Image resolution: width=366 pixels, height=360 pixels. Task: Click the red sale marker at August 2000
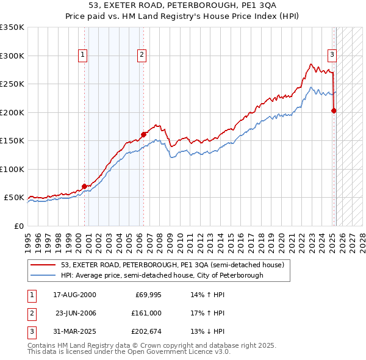[x=84, y=186]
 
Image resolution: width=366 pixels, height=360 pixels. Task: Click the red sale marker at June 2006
[x=143, y=134]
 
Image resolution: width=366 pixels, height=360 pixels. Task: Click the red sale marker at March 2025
[x=334, y=111]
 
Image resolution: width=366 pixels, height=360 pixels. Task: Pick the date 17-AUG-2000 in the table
[x=74, y=295]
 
